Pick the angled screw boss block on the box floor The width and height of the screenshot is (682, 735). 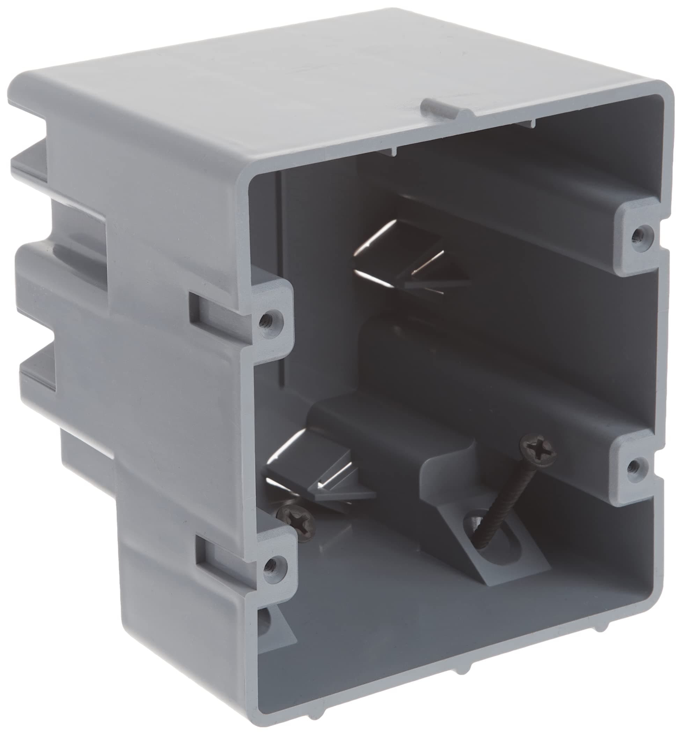pos(491,516)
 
